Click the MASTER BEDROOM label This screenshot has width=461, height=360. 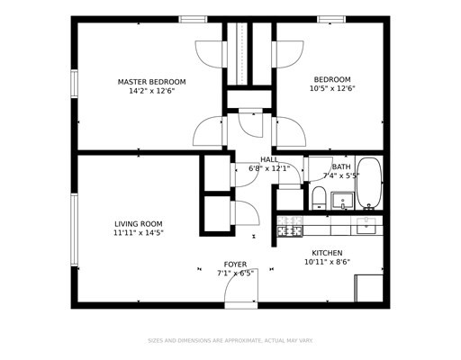click(x=151, y=82)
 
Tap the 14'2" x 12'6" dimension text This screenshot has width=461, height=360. click(x=151, y=91)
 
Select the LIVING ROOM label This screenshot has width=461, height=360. click(x=139, y=224)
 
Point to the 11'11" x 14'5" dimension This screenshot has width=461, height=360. click(x=139, y=233)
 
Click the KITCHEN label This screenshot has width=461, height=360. click(x=327, y=253)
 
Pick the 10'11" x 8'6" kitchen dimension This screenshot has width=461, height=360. click(x=327, y=262)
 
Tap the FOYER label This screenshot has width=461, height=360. click(x=235, y=265)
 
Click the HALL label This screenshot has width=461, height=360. click(x=269, y=159)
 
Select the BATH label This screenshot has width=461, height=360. click(x=341, y=166)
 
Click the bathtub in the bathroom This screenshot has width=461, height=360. click(x=369, y=184)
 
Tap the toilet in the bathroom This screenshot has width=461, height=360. click(x=319, y=198)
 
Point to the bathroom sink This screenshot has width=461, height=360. click(x=342, y=201)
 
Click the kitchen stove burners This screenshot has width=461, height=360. click(x=290, y=227)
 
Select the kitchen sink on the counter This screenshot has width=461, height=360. click(x=366, y=226)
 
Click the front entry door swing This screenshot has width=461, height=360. click(x=241, y=285)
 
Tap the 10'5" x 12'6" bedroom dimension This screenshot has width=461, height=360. click(x=332, y=89)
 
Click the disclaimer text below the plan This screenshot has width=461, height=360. click(x=230, y=341)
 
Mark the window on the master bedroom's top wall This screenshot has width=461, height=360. click(x=193, y=20)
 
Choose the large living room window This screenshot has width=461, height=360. click(x=74, y=229)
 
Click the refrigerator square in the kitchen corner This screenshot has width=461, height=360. click(x=369, y=288)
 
